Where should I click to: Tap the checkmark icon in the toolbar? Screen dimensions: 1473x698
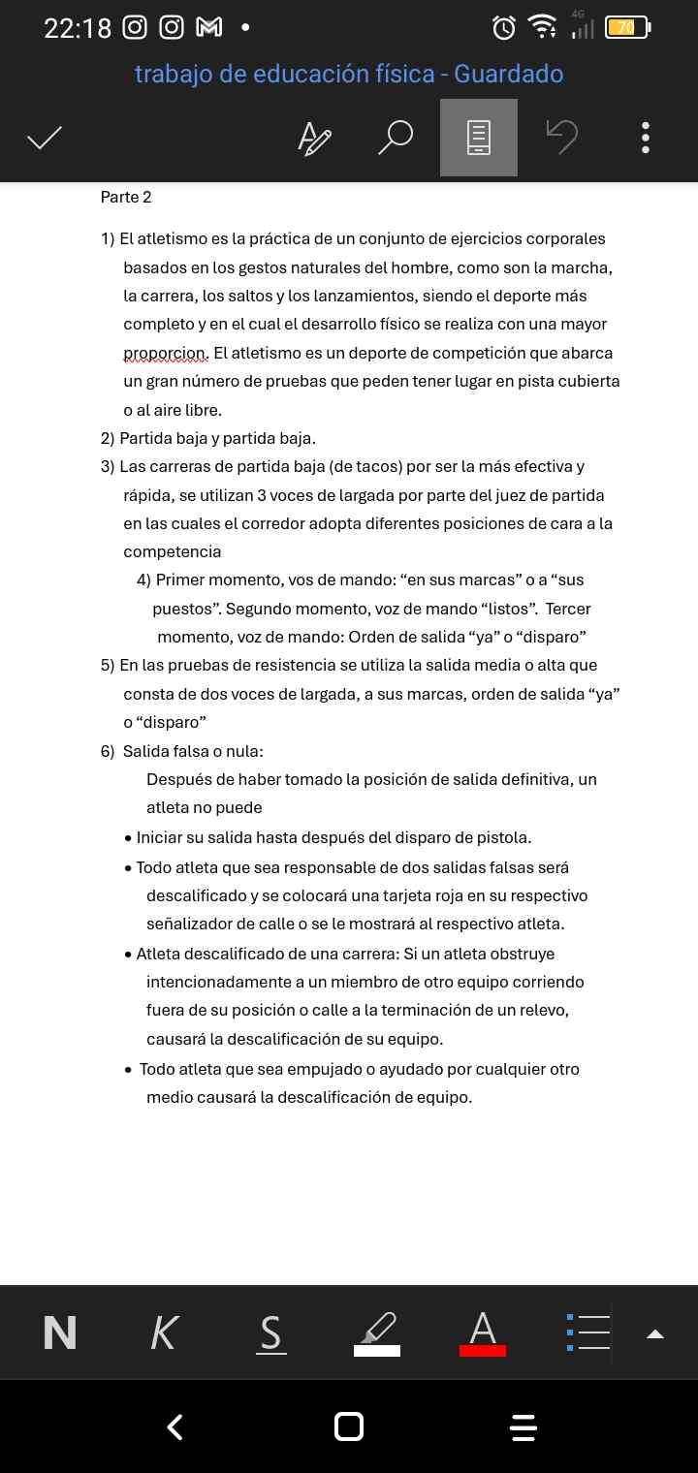pos(45,138)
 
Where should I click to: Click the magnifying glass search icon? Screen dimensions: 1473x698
pos(395,138)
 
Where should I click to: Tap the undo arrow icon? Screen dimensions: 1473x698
pos(561,138)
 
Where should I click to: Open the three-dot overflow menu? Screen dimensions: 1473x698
pos(646,138)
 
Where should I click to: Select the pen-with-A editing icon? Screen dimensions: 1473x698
pos(313,138)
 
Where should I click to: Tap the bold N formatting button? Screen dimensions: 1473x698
pos(60,1333)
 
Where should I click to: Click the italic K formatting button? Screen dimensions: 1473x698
pos(165,1333)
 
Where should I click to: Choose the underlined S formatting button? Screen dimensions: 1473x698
pos(271,1333)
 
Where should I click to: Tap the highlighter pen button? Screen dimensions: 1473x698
pos(377,1333)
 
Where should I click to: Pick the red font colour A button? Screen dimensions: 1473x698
pos(483,1333)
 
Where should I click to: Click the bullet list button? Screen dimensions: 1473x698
pos(588,1333)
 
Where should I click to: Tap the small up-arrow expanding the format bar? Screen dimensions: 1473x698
pos(655,1334)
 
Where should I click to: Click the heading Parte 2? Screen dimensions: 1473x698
pos(126,198)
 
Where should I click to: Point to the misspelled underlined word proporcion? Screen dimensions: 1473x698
pos(165,353)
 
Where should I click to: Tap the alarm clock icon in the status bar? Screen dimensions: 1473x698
pos(504,28)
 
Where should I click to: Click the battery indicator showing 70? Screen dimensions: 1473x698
pos(626,28)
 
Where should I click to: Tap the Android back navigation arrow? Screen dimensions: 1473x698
pos(175,1426)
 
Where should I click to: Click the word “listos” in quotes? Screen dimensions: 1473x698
pos(505,609)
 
